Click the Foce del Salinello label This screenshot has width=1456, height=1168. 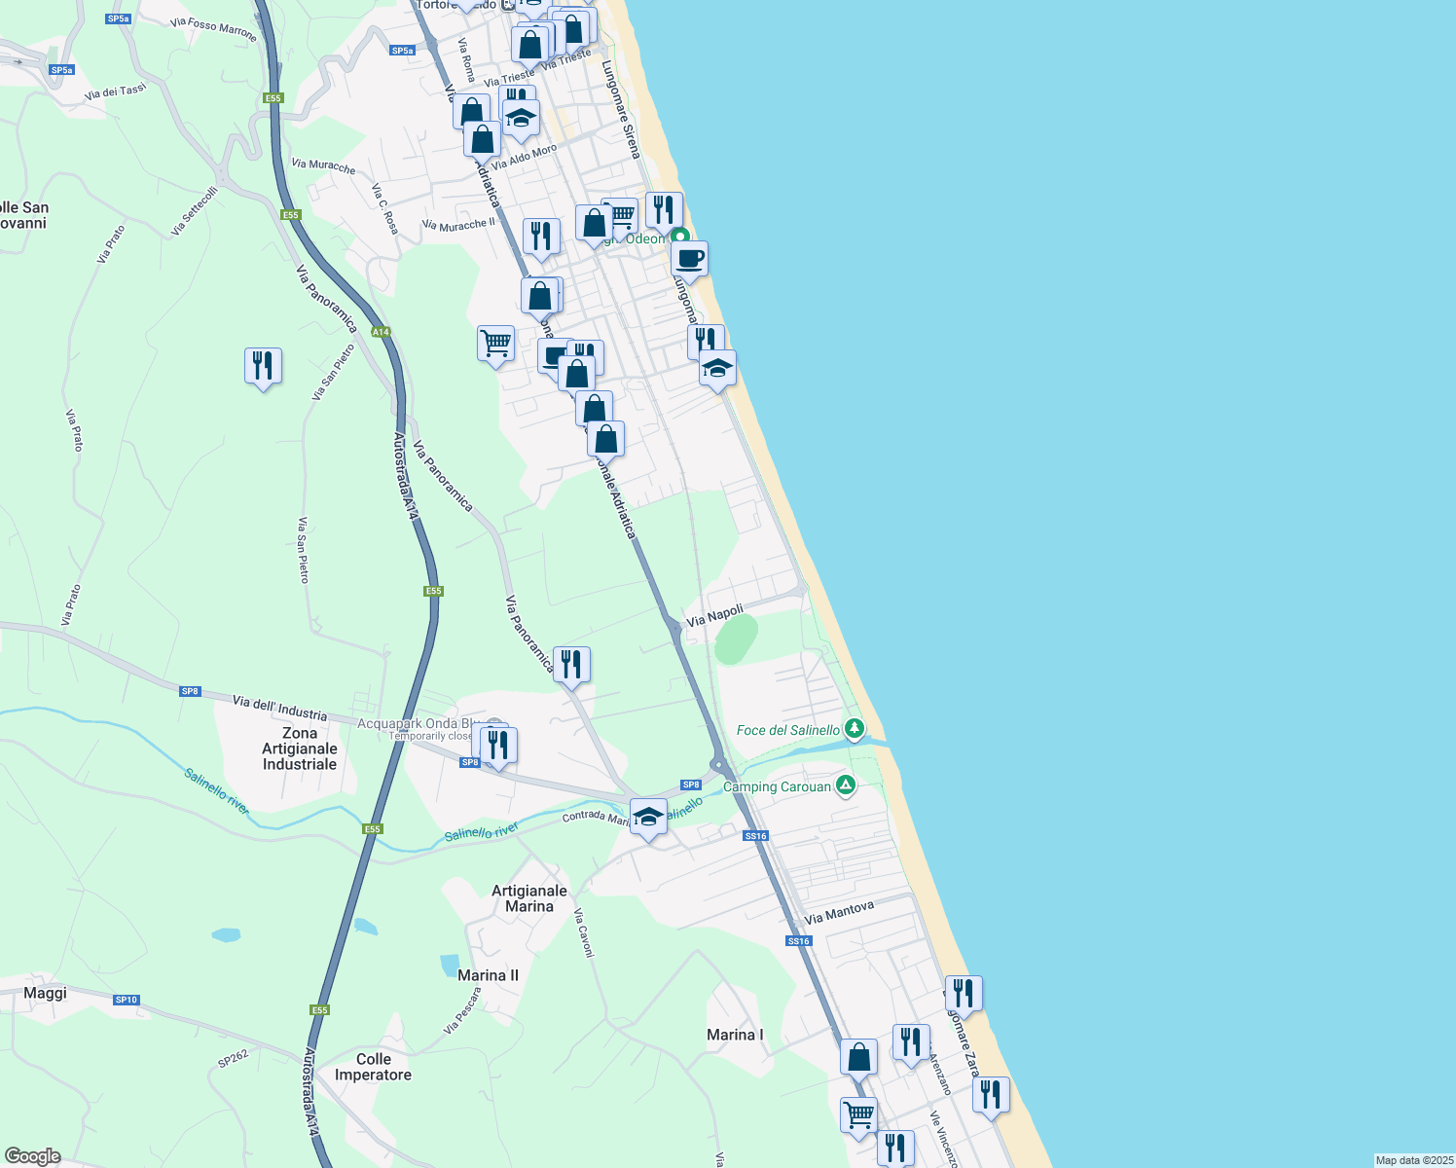(787, 730)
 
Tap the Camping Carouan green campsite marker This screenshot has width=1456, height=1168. (846, 785)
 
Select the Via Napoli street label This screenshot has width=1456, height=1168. (714, 615)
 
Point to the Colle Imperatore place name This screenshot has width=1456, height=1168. (373, 1067)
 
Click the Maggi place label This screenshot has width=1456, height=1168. (45, 993)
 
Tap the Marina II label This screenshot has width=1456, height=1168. (488, 975)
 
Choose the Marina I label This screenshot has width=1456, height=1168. (735, 1035)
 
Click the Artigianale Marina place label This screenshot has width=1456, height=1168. (529, 898)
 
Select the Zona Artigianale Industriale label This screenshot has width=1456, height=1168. (300, 748)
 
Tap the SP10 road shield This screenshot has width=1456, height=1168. (127, 1000)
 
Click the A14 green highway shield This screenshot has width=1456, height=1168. (381, 332)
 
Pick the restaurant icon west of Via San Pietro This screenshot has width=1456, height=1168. (263, 366)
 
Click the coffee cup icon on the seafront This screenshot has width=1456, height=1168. (689, 259)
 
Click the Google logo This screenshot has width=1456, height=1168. (32, 1156)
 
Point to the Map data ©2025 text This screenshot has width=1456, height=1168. (1413, 1160)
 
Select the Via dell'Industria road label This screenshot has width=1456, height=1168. (279, 707)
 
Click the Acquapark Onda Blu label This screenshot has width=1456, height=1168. (418, 723)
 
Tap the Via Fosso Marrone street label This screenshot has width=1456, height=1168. (213, 29)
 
